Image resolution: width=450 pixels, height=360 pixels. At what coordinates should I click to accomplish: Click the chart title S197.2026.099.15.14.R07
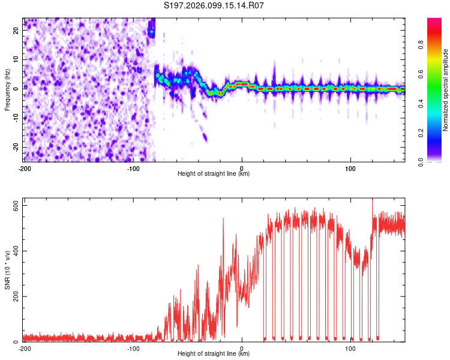[x=214, y=5]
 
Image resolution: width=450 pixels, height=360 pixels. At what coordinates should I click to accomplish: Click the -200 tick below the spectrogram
[x=25, y=168]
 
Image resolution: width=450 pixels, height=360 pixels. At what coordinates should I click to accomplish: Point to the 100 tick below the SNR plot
[x=350, y=348]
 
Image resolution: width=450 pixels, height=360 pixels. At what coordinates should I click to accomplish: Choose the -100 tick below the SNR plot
[x=133, y=348]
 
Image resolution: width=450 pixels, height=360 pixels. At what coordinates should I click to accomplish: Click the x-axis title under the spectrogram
[x=214, y=174]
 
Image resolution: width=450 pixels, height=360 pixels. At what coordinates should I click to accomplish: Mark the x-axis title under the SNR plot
[x=214, y=354]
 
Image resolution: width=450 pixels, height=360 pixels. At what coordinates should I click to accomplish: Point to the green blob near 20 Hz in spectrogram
[x=152, y=31]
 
